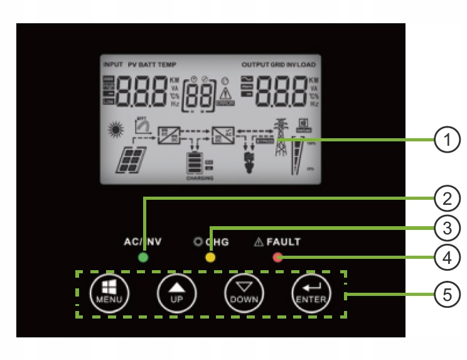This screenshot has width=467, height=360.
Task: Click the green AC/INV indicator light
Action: [x=143, y=258]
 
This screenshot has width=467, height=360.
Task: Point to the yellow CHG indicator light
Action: [x=210, y=258]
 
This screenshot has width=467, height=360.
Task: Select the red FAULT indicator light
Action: [x=277, y=257]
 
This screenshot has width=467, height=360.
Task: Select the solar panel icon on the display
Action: [x=131, y=160]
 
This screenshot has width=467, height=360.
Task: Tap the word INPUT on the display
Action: [x=113, y=65]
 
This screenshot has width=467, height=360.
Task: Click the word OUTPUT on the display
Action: [x=255, y=65]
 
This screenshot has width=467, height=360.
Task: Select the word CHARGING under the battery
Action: [x=200, y=178]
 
